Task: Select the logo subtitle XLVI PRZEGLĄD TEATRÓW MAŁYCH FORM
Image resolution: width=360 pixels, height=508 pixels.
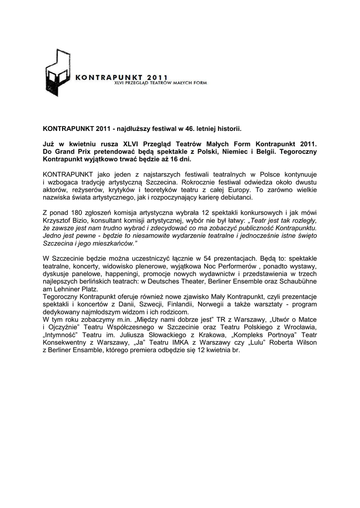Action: click(160, 83)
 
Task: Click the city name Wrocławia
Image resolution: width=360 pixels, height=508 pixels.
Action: click(299, 327)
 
